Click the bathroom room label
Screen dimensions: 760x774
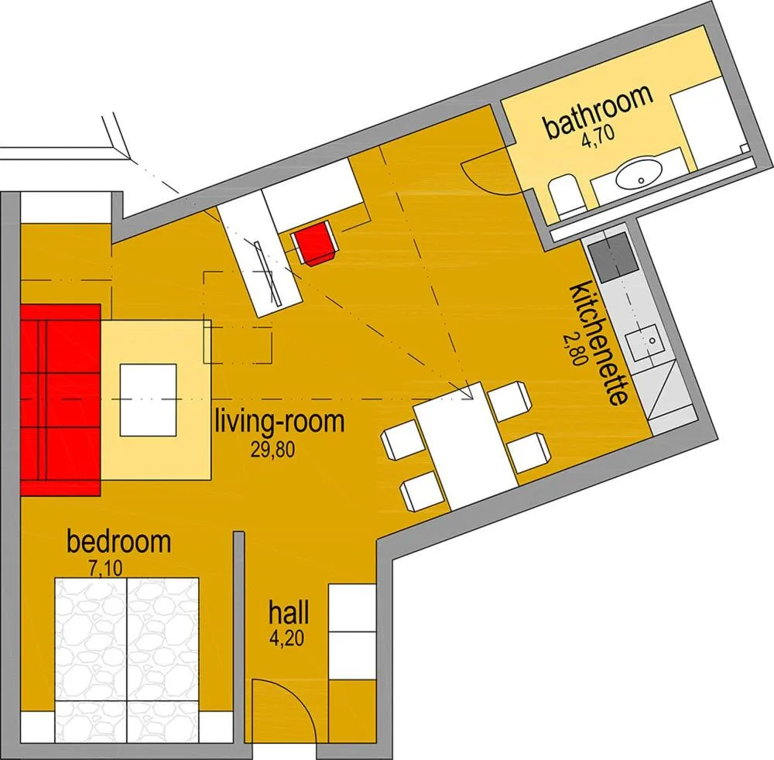(x=598, y=114)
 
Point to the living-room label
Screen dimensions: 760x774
(x=279, y=423)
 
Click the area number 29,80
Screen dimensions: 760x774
(x=272, y=450)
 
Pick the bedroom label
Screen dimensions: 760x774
(x=118, y=542)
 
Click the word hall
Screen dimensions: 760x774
(x=289, y=614)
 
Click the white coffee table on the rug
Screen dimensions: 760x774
(x=148, y=399)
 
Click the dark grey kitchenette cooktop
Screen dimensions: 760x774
(x=611, y=261)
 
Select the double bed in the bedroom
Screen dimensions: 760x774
(x=127, y=650)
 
